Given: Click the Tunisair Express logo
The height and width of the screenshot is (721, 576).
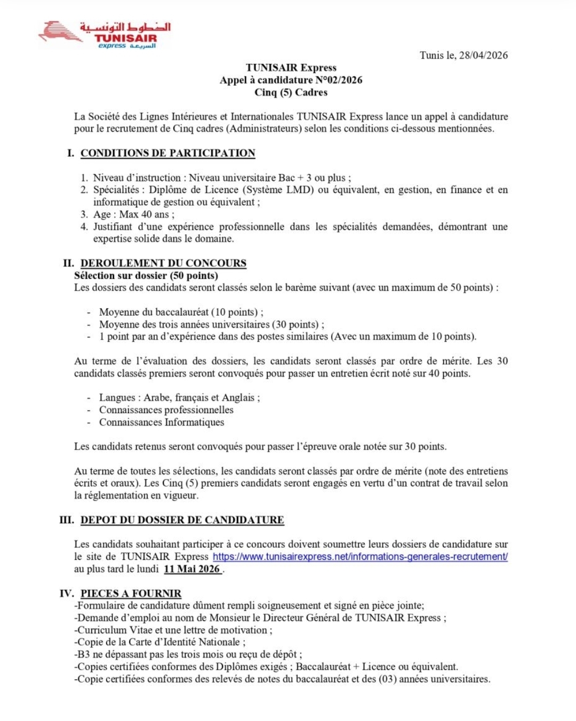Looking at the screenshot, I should click(105, 35).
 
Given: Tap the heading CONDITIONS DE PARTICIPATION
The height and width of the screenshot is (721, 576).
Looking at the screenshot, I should click(168, 154).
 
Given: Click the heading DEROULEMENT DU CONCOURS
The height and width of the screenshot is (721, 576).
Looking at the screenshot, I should click(163, 263).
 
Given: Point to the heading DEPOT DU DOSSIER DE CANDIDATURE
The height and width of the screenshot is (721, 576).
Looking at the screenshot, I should click(182, 520).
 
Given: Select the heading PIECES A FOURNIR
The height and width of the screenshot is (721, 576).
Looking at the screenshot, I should click(131, 594).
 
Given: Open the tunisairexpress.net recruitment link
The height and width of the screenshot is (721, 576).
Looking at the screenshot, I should click(360, 557).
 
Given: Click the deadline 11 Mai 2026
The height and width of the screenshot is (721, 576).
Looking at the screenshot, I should click(192, 569).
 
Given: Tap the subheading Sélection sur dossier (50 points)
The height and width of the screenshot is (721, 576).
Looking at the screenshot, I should click(146, 276).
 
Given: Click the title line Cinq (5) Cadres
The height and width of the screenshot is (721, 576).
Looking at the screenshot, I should click(291, 92).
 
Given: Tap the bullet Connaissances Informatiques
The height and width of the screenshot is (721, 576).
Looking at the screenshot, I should click(162, 422).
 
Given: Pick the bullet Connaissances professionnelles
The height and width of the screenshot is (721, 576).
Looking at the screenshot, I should click(166, 410).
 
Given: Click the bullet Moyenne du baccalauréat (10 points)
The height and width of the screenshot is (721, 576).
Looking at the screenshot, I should click(181, 313).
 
